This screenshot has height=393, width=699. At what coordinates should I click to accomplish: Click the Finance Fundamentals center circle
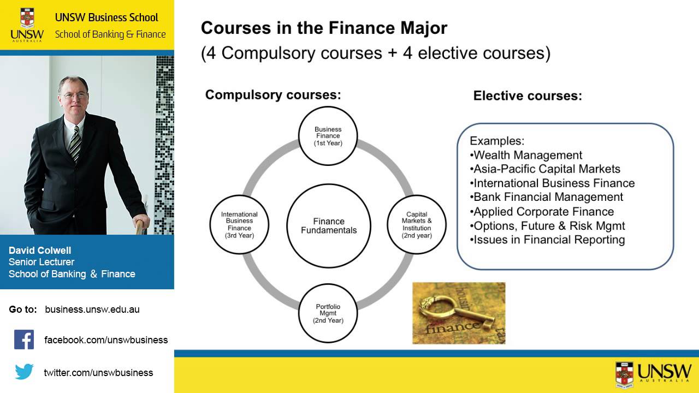click(x=329, y=226)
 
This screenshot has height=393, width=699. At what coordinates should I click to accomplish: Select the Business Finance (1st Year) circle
click(x=328, y=136)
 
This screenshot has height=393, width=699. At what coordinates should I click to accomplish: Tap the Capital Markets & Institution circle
click(x=417, y=225)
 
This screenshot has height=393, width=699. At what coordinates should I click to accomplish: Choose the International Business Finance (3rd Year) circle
click(x=239, y=225)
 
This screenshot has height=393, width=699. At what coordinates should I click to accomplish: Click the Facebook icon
click(x=24, y=340)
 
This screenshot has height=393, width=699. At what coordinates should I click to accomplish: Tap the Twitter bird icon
click(x=24, y=372)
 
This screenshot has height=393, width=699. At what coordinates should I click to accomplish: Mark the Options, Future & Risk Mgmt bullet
click(x=549, y=225)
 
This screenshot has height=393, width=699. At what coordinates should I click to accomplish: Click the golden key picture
click(x=459, y=313)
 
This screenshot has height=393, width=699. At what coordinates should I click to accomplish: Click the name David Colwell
click(x=40, y=251)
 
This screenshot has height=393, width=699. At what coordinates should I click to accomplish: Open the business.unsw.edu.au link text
click(x=92, y=309)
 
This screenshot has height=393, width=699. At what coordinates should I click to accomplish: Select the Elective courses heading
click(x=528, y=96)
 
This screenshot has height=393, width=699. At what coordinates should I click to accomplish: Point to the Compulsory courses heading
click(x=273, y=95)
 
